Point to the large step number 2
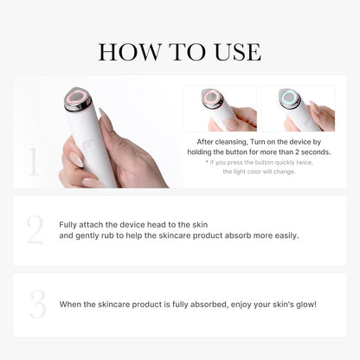coord(35,231)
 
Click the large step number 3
coord(35,305)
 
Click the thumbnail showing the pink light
coord(220,108)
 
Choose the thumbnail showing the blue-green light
coord(298,108)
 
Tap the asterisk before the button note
coord(208,163)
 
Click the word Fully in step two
coord(67,224)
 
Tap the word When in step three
coord(70,305)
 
